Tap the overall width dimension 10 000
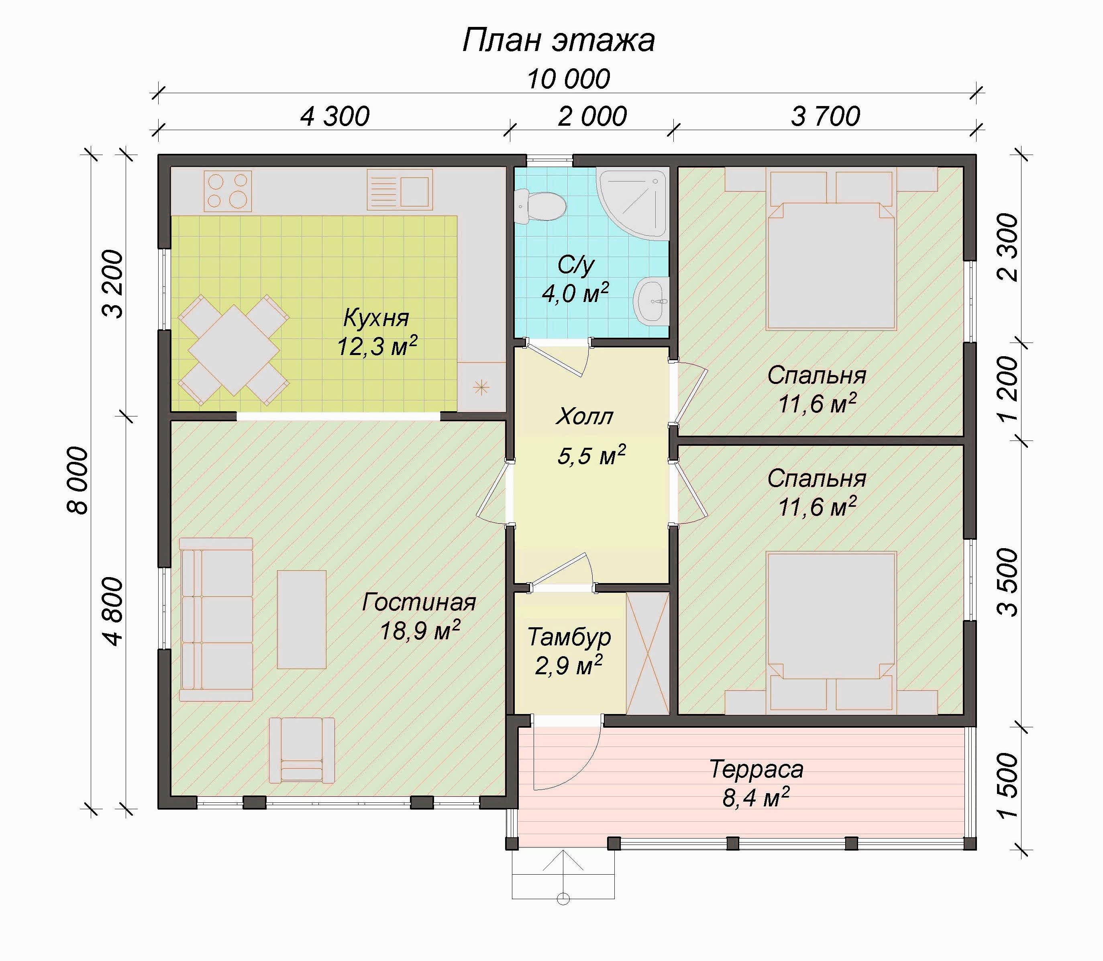pos(569,79)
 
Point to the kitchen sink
pos(400,190)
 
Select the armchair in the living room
pos(302,750)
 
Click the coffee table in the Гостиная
pos(302,619)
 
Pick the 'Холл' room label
pos(585,417)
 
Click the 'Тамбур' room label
pos(569,637)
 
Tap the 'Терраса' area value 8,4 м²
pos(756,798)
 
